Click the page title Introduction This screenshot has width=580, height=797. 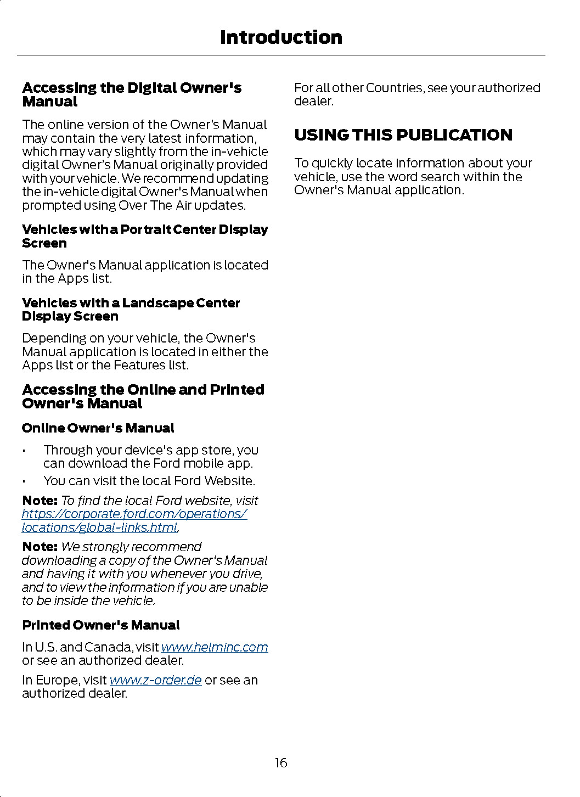pyautogui.click(x=281, y=37)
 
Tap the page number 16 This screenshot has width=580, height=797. pyautogui.click(x=281, y=762)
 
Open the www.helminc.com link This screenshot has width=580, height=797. pyautogui.click(x=214, y=647)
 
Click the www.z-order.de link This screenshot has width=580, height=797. pyautogui.click(x=155, y=680)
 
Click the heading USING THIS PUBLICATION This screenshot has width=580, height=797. pyautogui.click(x=403, y=135)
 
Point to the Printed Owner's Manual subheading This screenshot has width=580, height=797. pyautogui.click(x=101, y=625)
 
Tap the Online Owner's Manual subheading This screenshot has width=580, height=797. pyautogui.click(x=98, y=428)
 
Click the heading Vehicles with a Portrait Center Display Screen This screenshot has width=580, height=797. pyautogui.click(x=145, y=236)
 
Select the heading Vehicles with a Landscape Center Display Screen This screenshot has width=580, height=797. pyautogui.click(x=131, y=310)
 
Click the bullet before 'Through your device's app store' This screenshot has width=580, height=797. pyautogui.click(x=25, y=451)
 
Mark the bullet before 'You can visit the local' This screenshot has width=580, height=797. pyautogui.click(x=25, y=482)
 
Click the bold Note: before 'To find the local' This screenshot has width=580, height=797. pyautogui.click(x=40, y=501)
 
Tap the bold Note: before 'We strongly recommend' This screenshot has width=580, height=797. pyautogui.click(x=40, y=547)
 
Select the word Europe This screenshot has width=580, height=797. pyautogui.click(x=57, y=680)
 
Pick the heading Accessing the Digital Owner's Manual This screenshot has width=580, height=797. pyautogui.click(x=132, y=94)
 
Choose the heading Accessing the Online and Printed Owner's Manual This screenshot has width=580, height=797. pyautogui.click(x=143, y=396)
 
